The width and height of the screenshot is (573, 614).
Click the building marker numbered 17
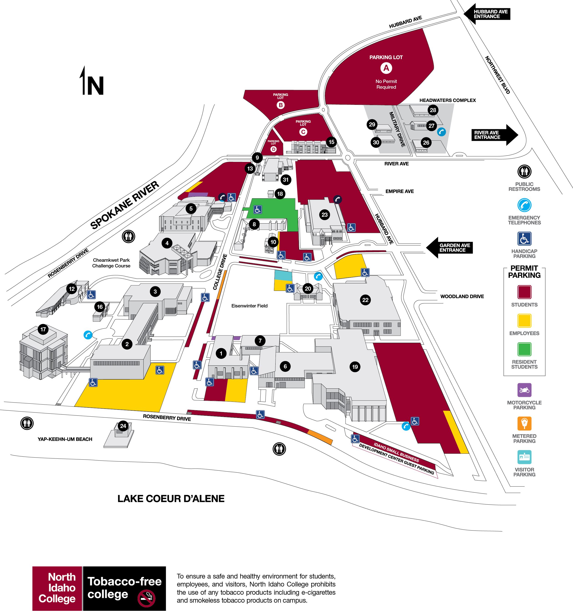click(x=43, y=329)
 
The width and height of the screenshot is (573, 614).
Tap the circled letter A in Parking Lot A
click(x=386, y=68)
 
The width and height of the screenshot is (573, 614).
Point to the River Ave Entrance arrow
click(x=495, y=135)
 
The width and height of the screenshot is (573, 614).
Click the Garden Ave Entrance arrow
click(x=450, y=248)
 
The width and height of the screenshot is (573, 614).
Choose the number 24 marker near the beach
click(x=123, y=426)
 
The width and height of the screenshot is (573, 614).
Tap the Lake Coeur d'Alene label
click(x=171, y=499)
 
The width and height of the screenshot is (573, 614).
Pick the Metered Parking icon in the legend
click(x=524, y=423)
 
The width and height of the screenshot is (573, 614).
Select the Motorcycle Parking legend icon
click(x=524, y=390)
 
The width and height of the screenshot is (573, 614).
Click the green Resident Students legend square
click(x=524, y=349)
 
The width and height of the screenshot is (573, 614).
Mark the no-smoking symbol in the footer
click(x=146, y=598)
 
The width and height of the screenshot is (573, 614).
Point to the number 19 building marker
click(x=355, y=367)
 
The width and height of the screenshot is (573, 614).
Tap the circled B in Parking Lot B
click(x=281, y=105)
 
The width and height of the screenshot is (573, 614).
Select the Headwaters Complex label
click(x=447, y=100)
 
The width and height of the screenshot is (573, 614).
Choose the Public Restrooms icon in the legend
click(x=524, y=171)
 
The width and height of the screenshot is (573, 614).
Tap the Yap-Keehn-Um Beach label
click(x=65, y=439)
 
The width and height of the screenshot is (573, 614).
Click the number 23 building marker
click(x=324, y=215)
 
